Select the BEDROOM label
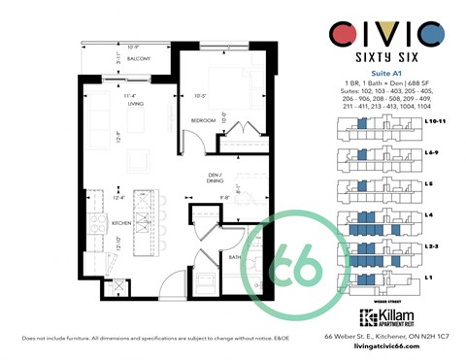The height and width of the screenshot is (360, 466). coord(203,119)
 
